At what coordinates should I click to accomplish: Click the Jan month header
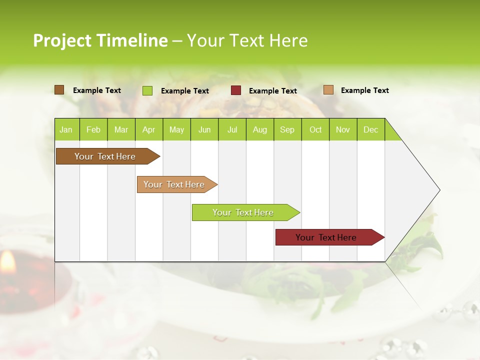[x=66, y=130]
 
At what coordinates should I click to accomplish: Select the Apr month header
[x=148, y=130]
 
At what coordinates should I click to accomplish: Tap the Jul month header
[x=232, y=130]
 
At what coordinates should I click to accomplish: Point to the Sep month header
[x=287, y=130]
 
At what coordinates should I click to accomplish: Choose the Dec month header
[x=370, y=130]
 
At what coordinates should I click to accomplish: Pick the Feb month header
[x=93, y=130]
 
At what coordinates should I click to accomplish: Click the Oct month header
[x=315, y=130]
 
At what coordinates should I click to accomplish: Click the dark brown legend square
[x=59, y=90]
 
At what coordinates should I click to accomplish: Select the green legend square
[x=147, y=90]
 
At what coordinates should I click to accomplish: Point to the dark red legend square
[x=236, y=90]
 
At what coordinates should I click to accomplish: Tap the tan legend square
[x=328, y=90]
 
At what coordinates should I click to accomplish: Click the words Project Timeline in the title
[x=100, y=40]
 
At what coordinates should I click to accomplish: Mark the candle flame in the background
[x=7, y=261]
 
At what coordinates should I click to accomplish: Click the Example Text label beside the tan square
[x=364, y=90]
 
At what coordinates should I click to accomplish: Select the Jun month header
[x=204, y=130]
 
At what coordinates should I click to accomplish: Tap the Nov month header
[x=343, y=130]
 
